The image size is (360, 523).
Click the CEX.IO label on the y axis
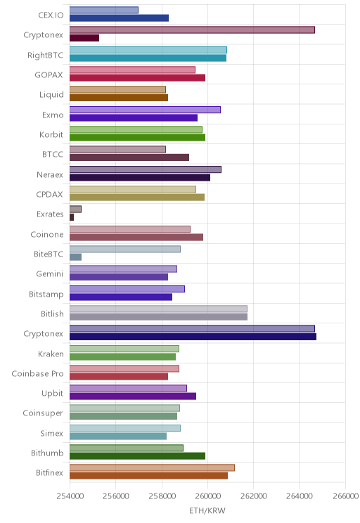[x=51, y=15]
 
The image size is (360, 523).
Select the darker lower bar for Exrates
[x=72, y=217]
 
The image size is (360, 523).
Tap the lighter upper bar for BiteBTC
[x=125, y=249]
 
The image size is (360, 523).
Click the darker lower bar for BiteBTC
[x=75, y=257]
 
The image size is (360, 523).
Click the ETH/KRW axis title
[x=207, y=510]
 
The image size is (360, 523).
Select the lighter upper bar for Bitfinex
[x=152, y=467]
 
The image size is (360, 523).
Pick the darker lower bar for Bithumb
[x=137, y=456]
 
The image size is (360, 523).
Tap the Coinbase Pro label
[x=37, y=373]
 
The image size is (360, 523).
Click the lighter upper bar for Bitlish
[x=158, y=309]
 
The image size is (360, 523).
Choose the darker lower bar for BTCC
[x=129, y=157]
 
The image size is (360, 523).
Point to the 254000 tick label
[x=70, y=496]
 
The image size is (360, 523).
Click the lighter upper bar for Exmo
[x=145, y=110]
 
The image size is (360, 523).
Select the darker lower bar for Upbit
[x=133, y=396]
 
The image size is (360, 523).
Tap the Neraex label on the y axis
[x=50, y=175]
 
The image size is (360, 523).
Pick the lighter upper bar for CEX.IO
[x=104, y=10]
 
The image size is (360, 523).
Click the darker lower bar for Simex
[x=118, y=436]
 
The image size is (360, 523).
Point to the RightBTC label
[x=46, y=55]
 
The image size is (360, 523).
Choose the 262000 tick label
[x=253, y=496]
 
